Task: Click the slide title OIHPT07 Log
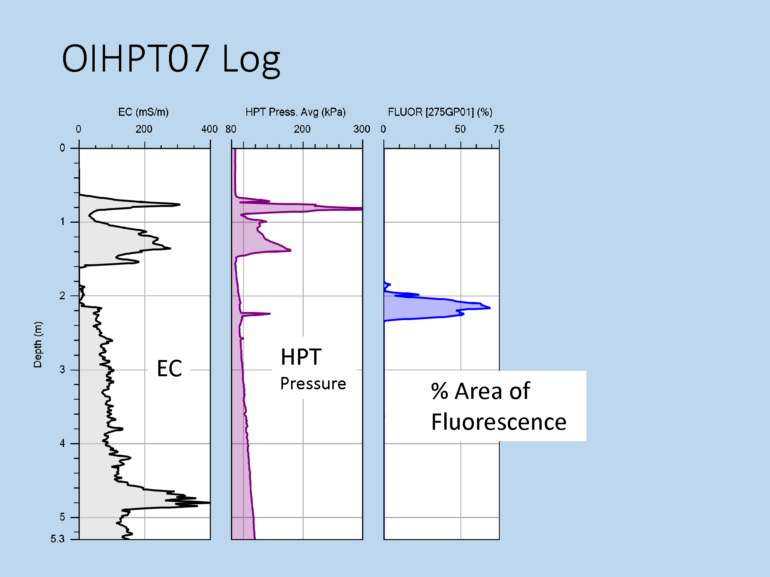tap(171, 58)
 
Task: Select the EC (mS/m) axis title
tap(143, 112)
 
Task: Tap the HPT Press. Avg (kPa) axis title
tap(296, 112)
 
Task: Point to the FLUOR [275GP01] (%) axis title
tap(440, 112)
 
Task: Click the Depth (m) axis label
tap(38, 345)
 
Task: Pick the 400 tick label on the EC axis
tap(209, 129)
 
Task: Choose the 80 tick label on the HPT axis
tap(231, 129)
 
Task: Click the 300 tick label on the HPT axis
tap(362, 129)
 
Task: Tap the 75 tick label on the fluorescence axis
tap(499, 129)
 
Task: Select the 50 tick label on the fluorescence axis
tap(460, 129)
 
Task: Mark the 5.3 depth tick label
tap(58, 539)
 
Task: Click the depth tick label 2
tap(62, 295)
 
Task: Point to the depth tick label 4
tap(62, 443)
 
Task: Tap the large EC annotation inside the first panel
tap(169, 368)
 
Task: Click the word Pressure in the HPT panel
tap(313, 384)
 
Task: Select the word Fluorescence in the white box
tap(499, 422)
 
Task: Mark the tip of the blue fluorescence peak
tap(490, 308)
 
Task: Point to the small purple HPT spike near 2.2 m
tap(269, 314)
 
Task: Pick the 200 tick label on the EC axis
tap(144, 129)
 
